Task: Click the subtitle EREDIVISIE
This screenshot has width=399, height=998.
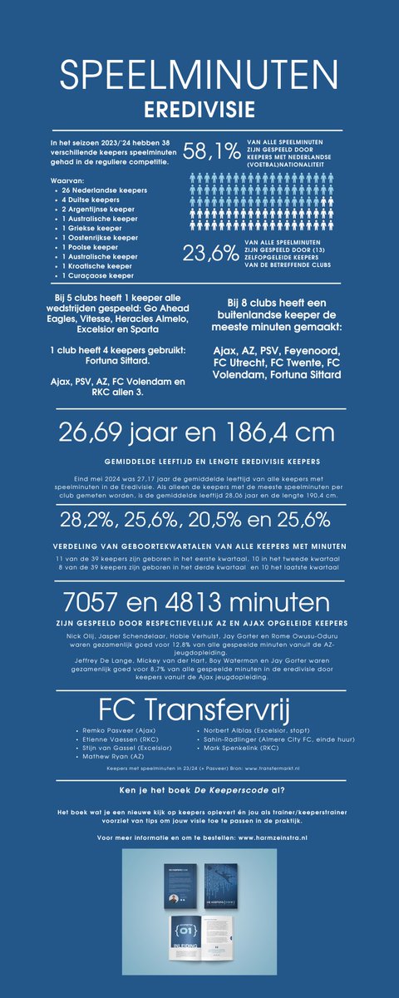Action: point(199,108)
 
